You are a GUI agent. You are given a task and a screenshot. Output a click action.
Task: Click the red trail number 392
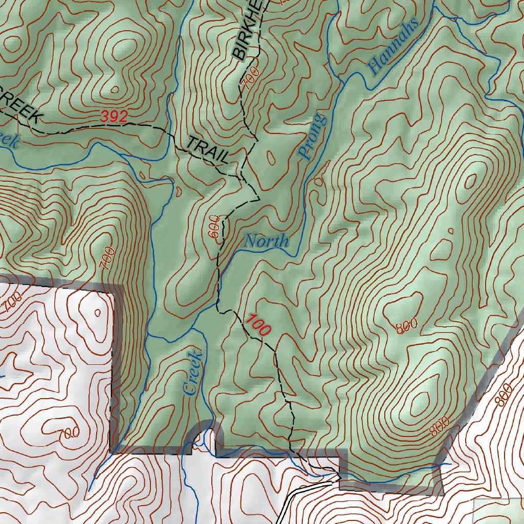tap(114, 117)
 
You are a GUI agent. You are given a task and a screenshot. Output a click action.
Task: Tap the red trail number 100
tap(257, 325)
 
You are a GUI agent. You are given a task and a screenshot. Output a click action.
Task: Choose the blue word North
tap(266, 241)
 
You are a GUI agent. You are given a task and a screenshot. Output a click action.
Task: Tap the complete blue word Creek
tap(192, 373)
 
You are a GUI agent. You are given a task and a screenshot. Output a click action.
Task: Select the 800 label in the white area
tap(504, 395)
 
